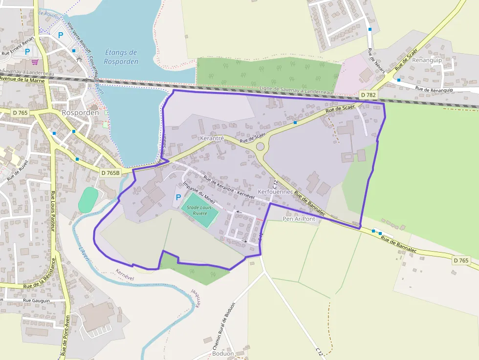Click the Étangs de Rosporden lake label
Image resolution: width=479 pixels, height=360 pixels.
click(121, 57)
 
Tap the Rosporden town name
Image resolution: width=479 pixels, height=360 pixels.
click(80, 112)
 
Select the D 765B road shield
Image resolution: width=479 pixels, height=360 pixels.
click(110, 172)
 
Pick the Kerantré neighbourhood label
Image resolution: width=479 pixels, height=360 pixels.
click(212, 139)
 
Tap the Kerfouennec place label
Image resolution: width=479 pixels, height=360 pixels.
click(275, 192)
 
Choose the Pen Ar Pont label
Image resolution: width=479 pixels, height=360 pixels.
click(299, 219)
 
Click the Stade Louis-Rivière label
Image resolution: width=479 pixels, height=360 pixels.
click(200, 211)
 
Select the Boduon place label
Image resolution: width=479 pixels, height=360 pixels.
click(223, 354)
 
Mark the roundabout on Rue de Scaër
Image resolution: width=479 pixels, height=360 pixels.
click(260, 146)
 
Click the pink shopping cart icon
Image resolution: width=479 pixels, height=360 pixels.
click(35, 62)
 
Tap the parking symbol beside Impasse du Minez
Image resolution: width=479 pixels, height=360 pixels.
click(177, 197)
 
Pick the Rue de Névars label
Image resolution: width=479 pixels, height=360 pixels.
click(376, 61)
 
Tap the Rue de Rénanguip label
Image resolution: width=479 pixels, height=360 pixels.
click(434, 89)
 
